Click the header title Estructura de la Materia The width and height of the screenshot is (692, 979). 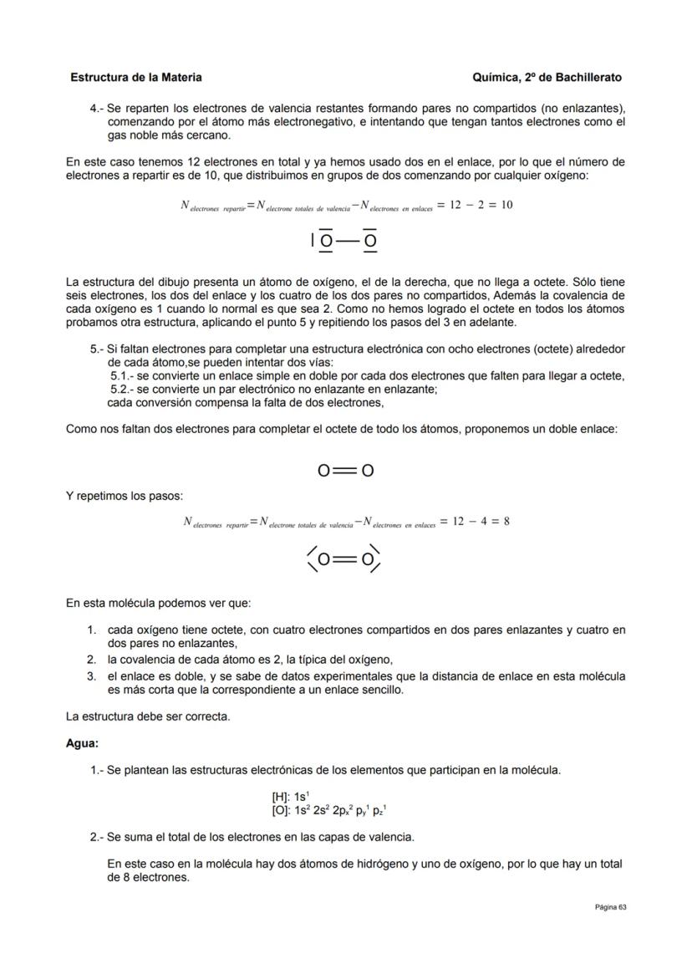[x=136, y=77]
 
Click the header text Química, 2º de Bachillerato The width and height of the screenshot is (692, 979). [x=547, y=77]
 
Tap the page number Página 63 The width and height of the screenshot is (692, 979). [x=610, y=907]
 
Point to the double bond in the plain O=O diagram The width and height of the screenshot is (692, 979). [x=345, y=471]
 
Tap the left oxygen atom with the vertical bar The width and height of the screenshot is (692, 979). [x=326, y=242]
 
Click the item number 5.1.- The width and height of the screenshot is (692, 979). [x=122, y=376]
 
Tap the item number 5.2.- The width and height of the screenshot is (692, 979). [x=122, y=389]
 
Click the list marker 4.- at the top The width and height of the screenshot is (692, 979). [x=97, y=109]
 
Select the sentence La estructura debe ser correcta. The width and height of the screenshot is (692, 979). [x=148, y=716]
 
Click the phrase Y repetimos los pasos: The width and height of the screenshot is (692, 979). [x=125, y=496]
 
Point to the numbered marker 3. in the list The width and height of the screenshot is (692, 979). [x=92, y=676]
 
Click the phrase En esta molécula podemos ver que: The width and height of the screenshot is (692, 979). [x=158, y=603]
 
